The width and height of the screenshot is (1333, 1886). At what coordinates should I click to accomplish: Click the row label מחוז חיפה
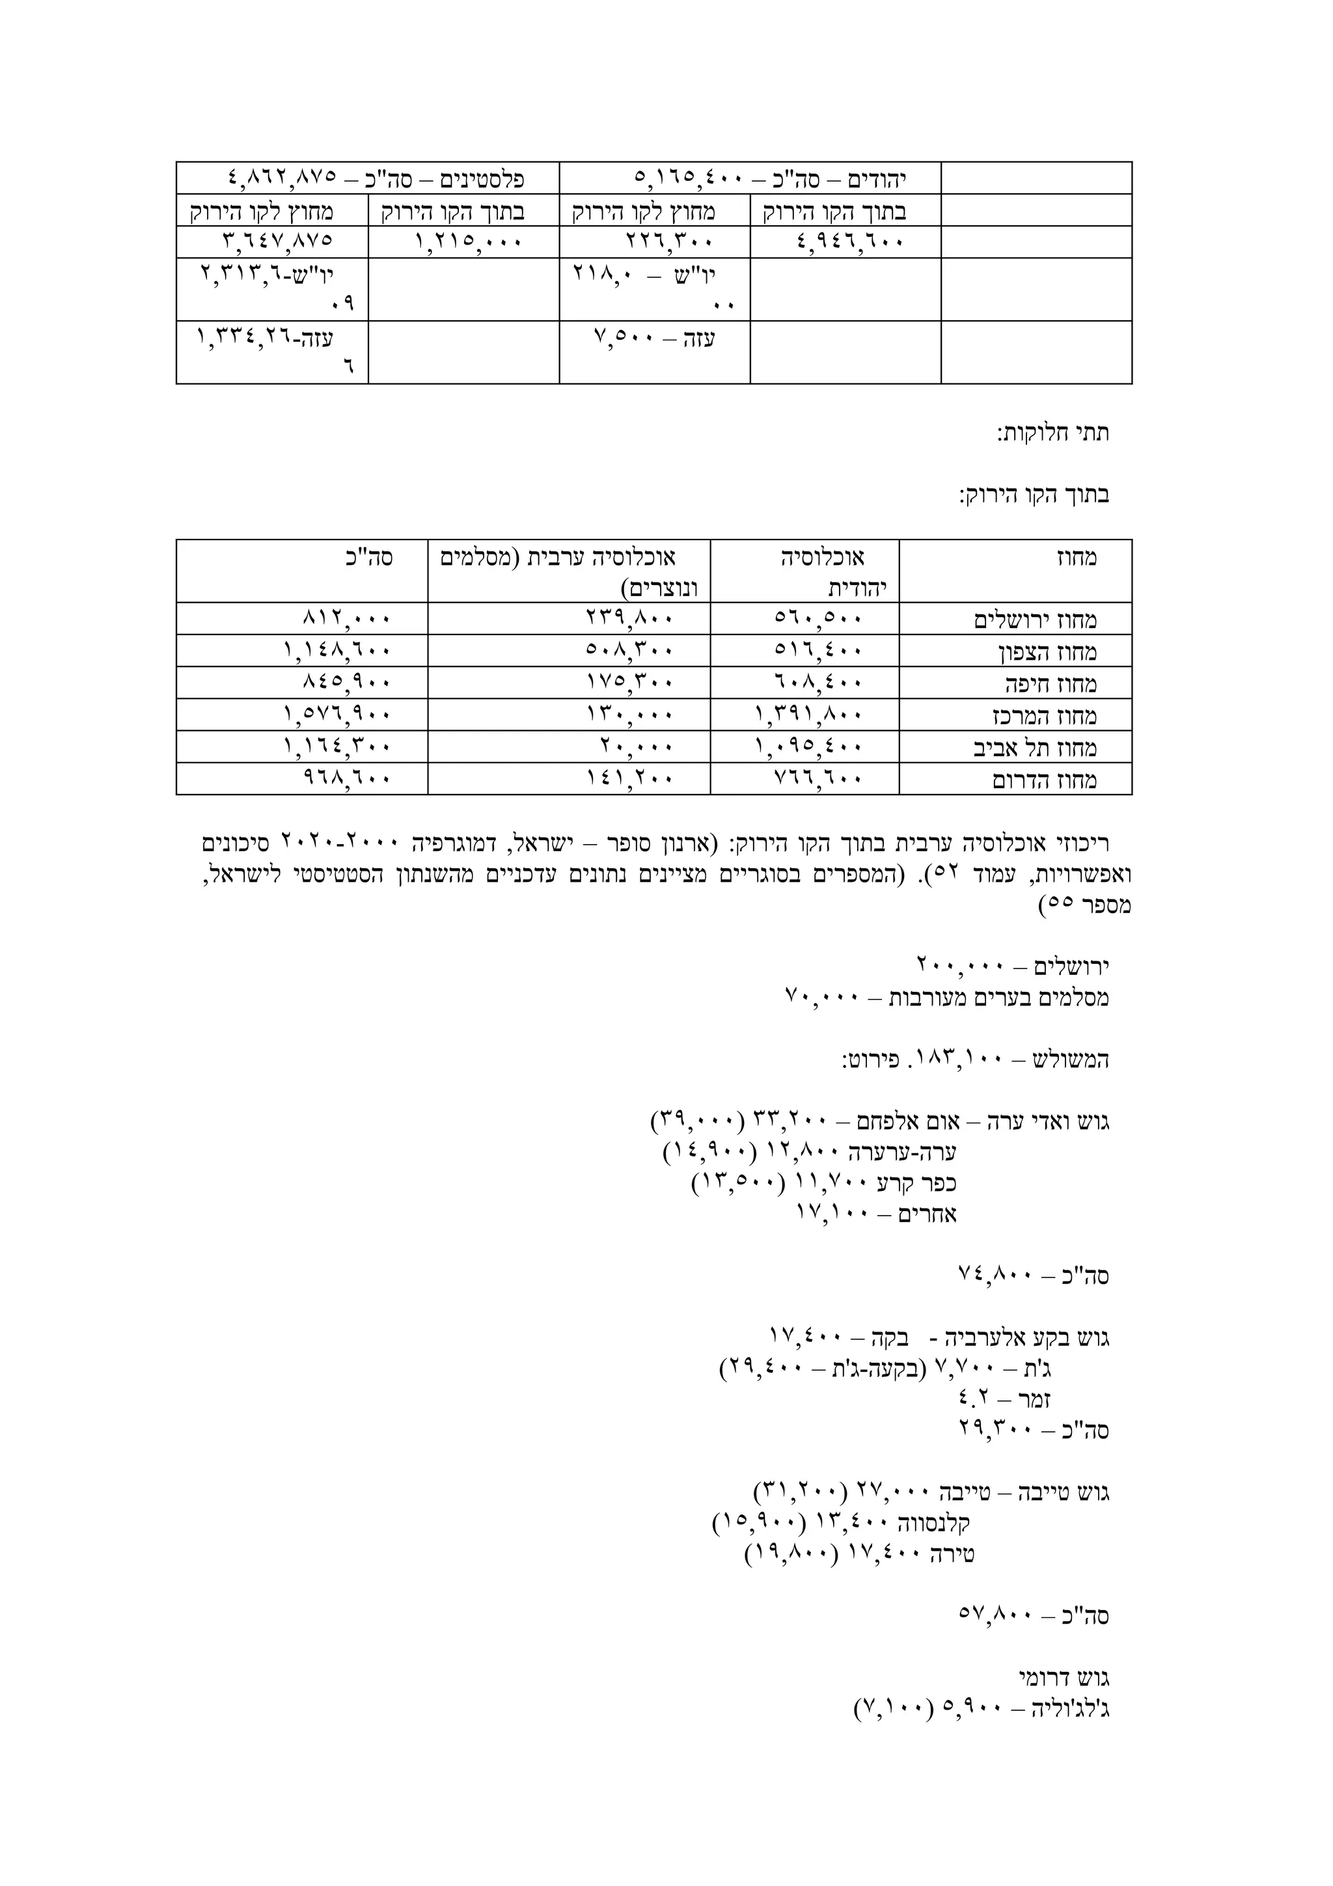1051,683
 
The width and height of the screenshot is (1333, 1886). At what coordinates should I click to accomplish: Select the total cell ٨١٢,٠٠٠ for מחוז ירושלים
347,618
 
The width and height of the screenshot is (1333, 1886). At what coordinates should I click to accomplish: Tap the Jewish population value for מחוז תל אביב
808,746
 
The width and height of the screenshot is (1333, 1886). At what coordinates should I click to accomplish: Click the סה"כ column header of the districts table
374,558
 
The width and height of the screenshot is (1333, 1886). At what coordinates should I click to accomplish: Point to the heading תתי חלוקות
1053,433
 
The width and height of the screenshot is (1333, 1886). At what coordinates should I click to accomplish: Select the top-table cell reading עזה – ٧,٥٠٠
655,338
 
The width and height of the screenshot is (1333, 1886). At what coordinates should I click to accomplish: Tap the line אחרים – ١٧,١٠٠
876,1214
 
